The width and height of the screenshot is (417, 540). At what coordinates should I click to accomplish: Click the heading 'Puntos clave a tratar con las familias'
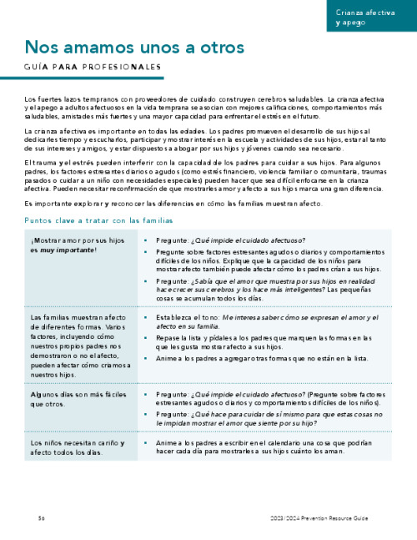click(x=103, y=220)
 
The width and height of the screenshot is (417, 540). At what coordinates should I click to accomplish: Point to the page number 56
click(x=41, y=518)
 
